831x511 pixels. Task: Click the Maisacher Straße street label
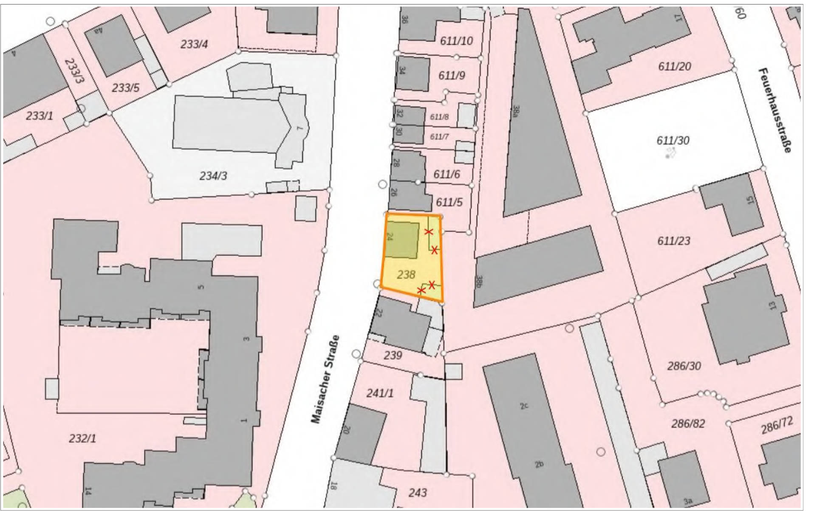[x=325, y=379]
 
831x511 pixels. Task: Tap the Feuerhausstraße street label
[x=775, y=110]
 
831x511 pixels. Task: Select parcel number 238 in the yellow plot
[x=406, y=275]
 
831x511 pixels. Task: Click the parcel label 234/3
[x=213, y=175]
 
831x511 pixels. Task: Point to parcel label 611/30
[x=673, y=141]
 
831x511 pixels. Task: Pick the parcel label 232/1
[x=82, y=438]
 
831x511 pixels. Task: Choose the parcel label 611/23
[x=674, y=241]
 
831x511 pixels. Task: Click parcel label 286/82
[x=688, y=423]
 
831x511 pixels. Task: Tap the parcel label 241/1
[x=380, y=393]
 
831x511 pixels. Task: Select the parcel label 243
[x=418, y=492]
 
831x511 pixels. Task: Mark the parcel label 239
[x=393, y=355]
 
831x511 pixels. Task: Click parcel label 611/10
[x=456, y=41]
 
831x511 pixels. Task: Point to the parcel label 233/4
[x=194, y=44]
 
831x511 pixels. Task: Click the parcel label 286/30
[x=684, y=366]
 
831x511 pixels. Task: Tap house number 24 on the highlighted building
[x=390, y=237]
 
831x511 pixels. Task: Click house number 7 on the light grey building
[x=301, y=128]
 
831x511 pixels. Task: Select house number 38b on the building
[x=479, y=281]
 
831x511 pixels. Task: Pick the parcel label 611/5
[x=449, y=202]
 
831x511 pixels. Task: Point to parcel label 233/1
[x=40, y=116]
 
